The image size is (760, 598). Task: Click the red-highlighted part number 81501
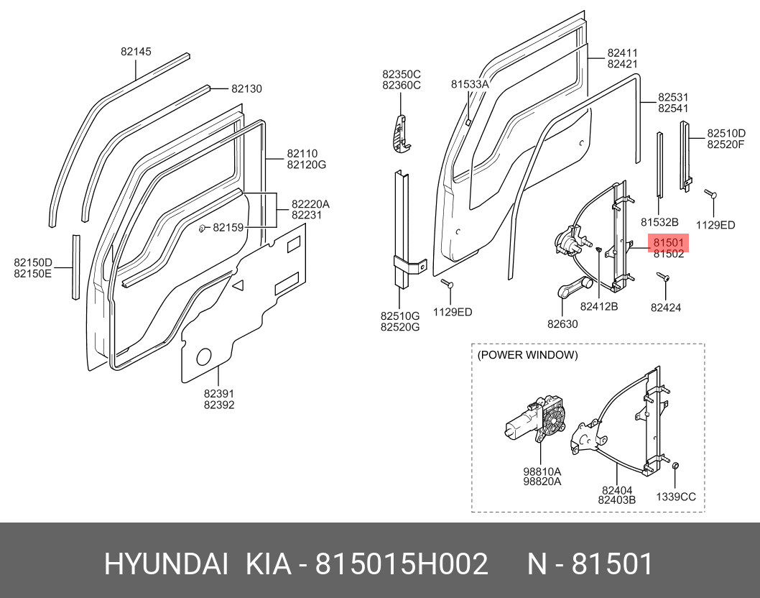coord(668,243)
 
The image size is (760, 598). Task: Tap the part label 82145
coord(135,52)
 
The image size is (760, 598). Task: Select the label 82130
coord(246,89)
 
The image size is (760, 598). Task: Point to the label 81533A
coord(470,84)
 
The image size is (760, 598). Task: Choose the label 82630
coord(562,324)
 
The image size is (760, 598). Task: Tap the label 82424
coord(665,308)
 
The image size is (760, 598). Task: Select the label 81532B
coord(659,223)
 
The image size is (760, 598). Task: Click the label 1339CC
coord(676,497)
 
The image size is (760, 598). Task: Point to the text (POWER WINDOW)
coord(527,355)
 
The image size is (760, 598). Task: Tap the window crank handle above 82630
coord(575,287)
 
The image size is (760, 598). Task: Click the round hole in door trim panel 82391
coord(204,356)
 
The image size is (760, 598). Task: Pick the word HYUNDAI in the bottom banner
coord(167,564)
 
